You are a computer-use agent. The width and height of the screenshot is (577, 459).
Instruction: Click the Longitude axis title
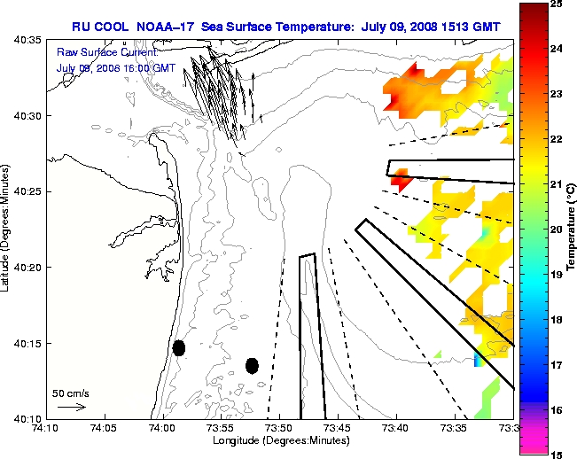[279, 440]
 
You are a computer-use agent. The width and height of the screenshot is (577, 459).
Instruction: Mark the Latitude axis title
[7, 229]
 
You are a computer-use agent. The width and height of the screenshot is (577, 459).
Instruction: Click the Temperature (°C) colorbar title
[572, 229]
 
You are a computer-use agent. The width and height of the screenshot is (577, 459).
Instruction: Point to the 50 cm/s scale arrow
[71, 408]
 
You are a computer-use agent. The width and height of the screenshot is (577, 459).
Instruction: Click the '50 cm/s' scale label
[70, 393]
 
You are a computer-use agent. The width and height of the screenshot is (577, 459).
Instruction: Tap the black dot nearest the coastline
[179, 347]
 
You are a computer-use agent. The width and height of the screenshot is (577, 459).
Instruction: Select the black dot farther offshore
[252, 365]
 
